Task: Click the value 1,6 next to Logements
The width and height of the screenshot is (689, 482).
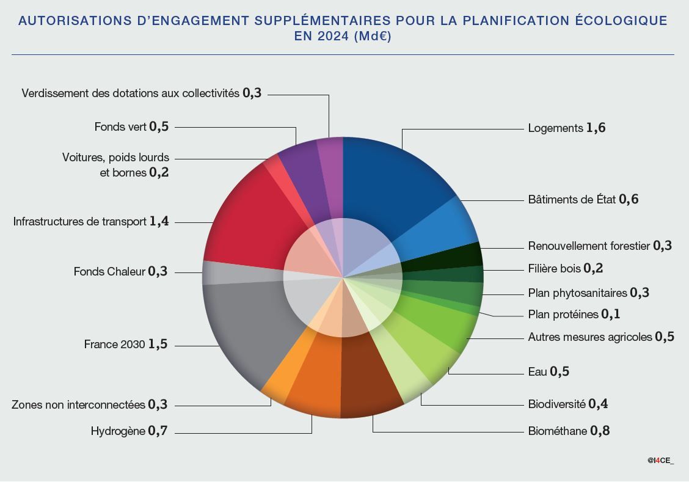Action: click(x=596, y=128)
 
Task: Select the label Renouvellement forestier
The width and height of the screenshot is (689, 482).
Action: click(x=589, y=246)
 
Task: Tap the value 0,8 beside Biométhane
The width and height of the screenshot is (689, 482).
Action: click(x=600, y=431)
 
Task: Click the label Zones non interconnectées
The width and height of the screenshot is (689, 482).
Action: click(x=78, y=405)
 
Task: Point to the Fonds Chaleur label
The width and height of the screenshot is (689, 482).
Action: click(x=109, y=272)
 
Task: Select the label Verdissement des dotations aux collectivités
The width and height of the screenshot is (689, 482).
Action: click(x=130, y=93)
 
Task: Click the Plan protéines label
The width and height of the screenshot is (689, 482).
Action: click(x=563, y=315)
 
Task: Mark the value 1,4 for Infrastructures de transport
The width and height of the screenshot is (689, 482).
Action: click(x=159, y=222)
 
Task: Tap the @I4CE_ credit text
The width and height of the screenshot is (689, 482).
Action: click(x=661, y=460)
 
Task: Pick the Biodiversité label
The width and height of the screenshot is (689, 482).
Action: click(x=556, y=404)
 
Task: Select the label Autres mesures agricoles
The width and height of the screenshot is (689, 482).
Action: click(x=590, y=337)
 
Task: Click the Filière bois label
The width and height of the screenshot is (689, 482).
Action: click(x=554, y=269)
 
